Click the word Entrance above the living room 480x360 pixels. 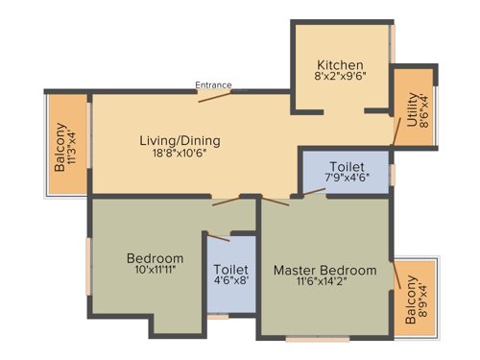click(213, 84)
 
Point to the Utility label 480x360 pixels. click(412, 109)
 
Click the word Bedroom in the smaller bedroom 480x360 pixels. click(155, 258)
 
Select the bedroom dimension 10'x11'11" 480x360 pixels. click(155, 272)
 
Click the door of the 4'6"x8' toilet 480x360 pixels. click(219, 236)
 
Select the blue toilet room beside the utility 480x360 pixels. click(346, 173)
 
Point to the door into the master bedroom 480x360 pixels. click(276, 202)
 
